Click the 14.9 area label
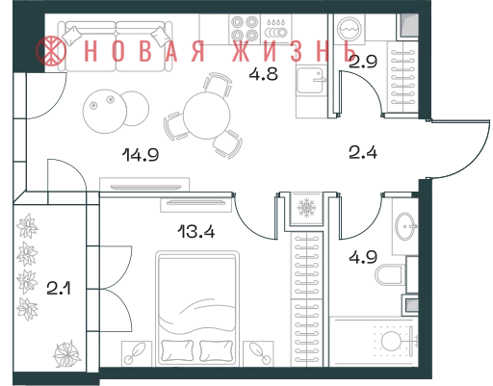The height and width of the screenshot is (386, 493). (141, 155)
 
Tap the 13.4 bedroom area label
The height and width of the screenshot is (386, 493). (196, 231)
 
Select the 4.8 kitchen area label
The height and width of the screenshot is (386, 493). (264, 74)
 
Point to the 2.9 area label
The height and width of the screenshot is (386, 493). (363, 62)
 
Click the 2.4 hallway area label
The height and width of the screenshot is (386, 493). (363, 152)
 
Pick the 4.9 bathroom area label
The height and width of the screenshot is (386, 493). (363, 257)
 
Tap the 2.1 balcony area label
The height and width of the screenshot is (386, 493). (59, 288)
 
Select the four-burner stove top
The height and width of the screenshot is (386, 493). (245, 29)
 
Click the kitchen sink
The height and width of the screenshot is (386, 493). (311, 80)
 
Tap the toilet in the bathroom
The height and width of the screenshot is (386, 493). (390, 275)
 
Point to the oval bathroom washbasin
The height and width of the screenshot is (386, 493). (405, 226)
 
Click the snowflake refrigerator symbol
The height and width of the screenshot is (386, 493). (307, 207)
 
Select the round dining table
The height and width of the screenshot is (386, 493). (207, 116)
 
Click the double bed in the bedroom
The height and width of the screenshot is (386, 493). (197, 308)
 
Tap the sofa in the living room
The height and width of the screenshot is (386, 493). (117, 46)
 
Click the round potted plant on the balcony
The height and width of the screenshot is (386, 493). (66, 354)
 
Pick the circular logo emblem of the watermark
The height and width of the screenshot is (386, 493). (51, 51)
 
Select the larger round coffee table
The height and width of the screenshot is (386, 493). (105, 111)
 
